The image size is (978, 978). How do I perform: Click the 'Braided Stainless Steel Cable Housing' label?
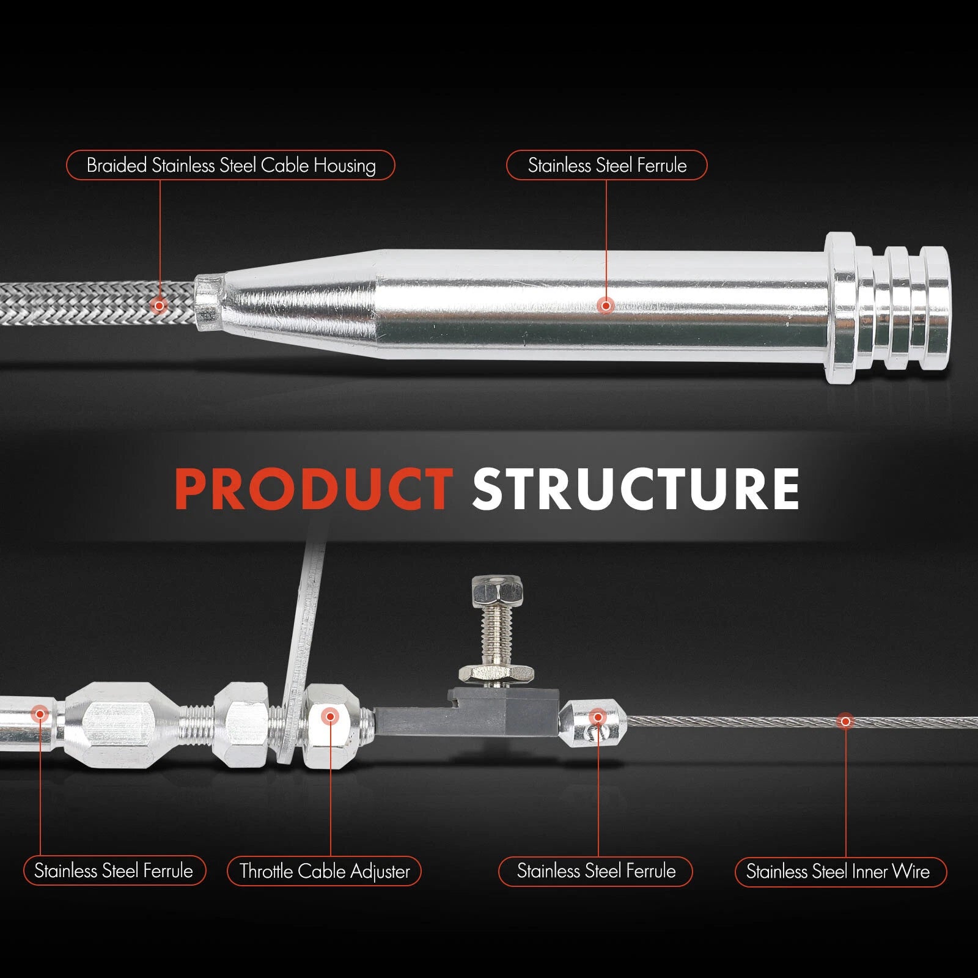[230, 165]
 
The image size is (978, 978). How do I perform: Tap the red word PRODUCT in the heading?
[314, 488]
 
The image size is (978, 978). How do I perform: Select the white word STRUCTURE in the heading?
[636, 488]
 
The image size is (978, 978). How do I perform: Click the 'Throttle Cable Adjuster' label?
[324, 871]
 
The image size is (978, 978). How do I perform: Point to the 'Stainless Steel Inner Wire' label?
[840, 871]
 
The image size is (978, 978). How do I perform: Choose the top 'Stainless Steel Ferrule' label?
[606, 165]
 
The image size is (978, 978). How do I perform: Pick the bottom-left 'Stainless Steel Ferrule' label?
[114, 870]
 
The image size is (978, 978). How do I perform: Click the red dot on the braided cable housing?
[159, 305]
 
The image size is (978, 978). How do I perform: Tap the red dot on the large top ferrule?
[606, 305]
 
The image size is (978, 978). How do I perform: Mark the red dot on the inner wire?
[846, 722]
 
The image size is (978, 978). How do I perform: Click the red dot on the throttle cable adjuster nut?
[330, 716]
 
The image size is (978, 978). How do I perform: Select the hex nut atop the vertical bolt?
[497, 589]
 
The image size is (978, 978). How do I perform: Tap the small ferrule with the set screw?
[593, 724]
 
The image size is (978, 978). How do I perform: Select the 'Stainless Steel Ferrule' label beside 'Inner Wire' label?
[596, 871]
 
